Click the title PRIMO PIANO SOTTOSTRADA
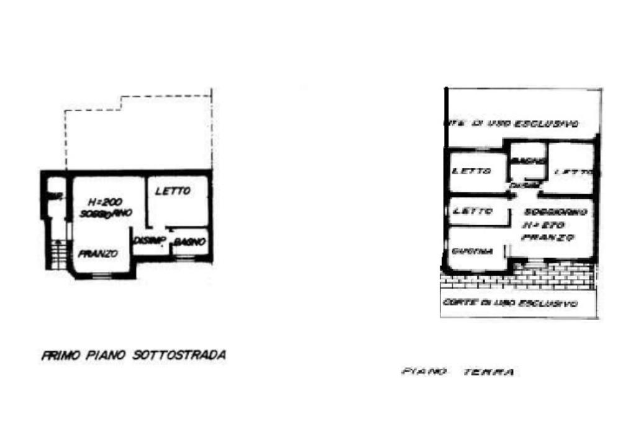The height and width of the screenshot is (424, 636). coord(134,356)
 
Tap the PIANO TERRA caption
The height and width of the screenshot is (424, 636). coord(458,372)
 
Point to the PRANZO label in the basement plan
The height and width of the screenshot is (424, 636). coord(98,254)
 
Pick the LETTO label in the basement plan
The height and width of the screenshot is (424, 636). coord(172,191)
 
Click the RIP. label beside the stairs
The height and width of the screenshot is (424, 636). coord(55,197)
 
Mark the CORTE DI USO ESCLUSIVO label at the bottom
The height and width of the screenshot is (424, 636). coord(511,303)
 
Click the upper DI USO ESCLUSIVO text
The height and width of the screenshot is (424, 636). coord(512,123)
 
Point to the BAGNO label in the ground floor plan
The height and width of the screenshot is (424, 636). coord(528,161)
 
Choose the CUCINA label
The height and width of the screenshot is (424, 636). coord(473,252)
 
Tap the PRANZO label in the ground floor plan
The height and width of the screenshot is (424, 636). coord(548,237)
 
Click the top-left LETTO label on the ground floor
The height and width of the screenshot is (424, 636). coord(472,171)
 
